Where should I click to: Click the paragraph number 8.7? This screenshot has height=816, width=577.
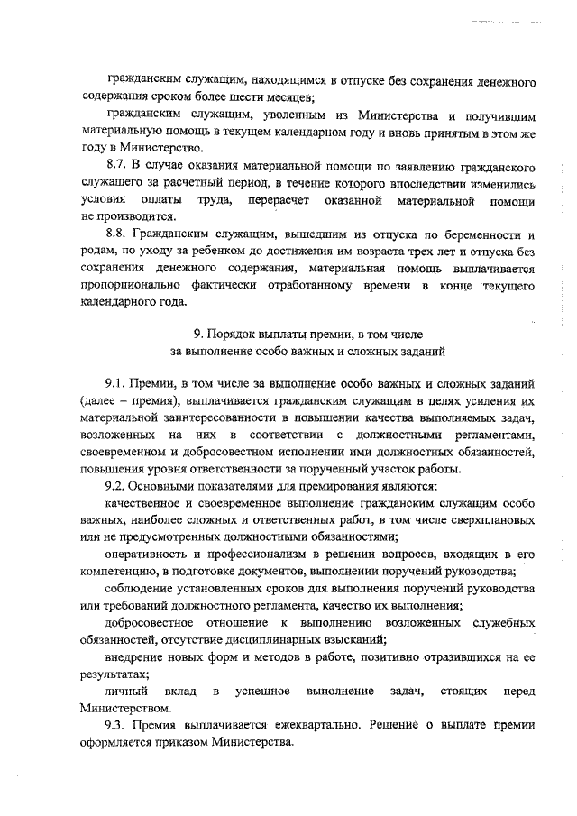118,167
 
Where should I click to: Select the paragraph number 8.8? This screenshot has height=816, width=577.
118,233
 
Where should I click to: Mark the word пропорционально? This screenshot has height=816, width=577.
135,285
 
